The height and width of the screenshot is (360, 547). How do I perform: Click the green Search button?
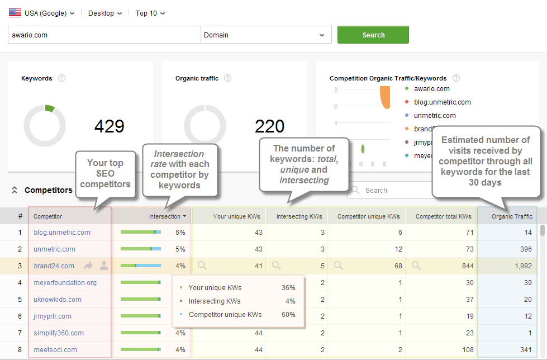[373, 35]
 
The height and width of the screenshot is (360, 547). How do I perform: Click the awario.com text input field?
[104, 35]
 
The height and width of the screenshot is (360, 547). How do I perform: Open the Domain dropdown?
[265, 35]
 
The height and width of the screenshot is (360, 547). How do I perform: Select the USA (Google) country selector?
[42, 13]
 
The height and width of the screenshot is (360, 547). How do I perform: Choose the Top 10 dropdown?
[150, 13]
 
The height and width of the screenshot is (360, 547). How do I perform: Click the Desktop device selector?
[104, 13]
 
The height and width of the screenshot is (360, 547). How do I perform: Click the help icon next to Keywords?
[62, 78]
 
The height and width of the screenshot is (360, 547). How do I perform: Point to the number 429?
[109, 126]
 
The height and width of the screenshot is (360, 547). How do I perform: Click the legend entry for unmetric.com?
[435, 116]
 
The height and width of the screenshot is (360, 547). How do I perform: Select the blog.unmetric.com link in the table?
[61, 233]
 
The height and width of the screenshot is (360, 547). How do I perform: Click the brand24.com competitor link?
[54, 266]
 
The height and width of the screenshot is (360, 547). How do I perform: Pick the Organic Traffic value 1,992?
[523, 266]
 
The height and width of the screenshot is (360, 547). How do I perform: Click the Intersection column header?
[164, 216]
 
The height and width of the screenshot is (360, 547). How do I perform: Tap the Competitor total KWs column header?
[443, 216]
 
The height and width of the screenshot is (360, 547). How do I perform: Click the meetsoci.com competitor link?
[55, 350]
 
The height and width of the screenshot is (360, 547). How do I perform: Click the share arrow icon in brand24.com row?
[88, 266]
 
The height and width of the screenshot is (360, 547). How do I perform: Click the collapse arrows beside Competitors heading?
[15, 190]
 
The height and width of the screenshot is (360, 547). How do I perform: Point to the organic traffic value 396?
[525, 249]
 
